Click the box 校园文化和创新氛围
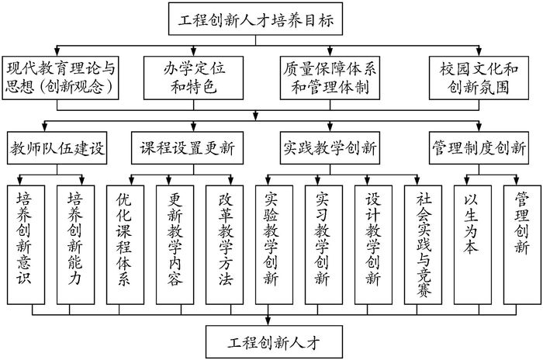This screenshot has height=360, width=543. [479, 77]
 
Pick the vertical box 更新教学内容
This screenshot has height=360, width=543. [175, 244]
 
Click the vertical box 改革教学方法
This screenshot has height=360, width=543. [224, 244]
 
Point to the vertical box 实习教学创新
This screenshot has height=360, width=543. [323, 244]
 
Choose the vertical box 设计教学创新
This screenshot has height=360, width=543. [372, 244]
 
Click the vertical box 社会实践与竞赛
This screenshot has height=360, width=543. [422, 244]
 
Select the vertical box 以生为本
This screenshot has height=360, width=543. [471, 244]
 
